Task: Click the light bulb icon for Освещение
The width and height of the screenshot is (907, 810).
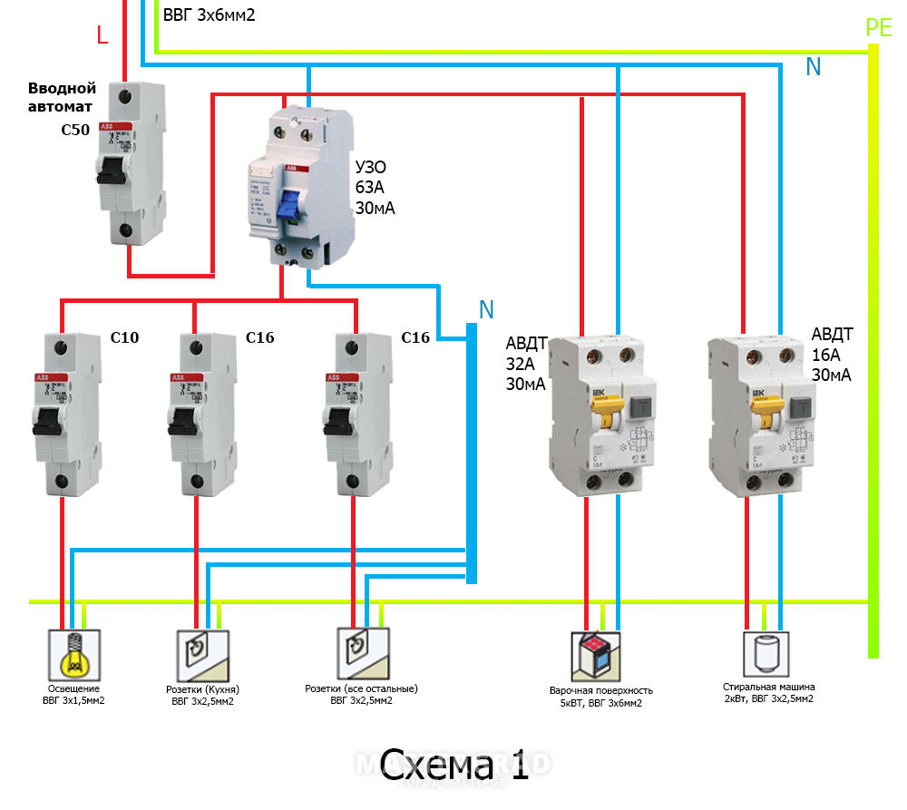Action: [x=73, y=654]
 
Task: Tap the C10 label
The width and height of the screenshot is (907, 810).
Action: [x=124, y=338]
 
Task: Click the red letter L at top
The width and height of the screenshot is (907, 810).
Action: [x=102, y=36]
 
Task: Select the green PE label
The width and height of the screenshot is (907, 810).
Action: [x=878, y=28]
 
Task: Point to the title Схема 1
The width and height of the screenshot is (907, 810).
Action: [x=453, y=765]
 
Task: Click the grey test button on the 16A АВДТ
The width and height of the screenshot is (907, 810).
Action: [x=803, y=409]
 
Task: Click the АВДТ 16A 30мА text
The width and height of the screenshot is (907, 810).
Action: [x=832, y=354]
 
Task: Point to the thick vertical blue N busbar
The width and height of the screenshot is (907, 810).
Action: [x=472, y=454]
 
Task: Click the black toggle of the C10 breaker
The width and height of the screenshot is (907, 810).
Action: [x=49, y=419]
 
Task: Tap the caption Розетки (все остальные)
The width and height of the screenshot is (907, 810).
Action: [x=361, y=688]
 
